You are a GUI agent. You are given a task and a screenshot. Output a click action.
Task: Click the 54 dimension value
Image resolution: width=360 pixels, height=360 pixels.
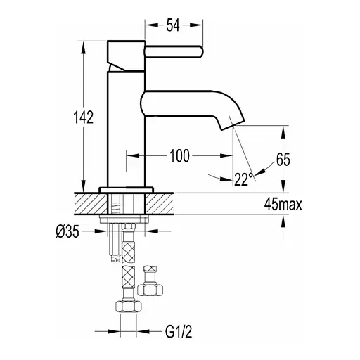point(173,25)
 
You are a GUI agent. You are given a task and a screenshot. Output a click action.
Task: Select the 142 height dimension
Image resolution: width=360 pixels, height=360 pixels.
point(84,117)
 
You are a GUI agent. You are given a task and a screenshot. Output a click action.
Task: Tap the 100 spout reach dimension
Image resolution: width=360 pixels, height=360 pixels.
point(179,156)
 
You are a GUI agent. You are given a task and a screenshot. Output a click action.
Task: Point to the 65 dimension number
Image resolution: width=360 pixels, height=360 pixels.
point(283,160)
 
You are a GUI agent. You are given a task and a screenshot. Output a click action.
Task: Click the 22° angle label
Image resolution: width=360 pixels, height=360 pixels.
point(243,179)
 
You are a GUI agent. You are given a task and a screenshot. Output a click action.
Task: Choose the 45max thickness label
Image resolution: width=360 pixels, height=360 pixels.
point(283,205)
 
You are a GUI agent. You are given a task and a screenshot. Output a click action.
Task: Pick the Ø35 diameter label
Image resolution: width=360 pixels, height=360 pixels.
point(67,232)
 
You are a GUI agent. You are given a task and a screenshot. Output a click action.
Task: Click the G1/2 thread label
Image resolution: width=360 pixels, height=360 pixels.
point(179,332)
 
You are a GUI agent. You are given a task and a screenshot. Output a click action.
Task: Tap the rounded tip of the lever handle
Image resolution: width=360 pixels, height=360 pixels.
point(200,51)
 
